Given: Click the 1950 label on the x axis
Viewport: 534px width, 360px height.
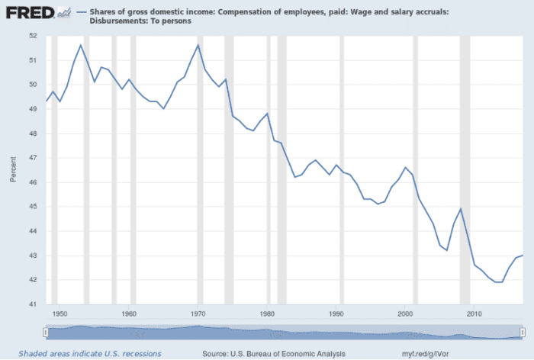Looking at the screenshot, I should pyautogui.click(x=60, y=313).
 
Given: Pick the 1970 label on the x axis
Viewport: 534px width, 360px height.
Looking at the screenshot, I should pyautogui.click(x=198, y=313).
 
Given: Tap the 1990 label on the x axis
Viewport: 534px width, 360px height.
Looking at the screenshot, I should pyautogui.click(x=336, y=313).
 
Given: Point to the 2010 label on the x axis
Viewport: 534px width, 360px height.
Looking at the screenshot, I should pyautogui.click(x=474, y=313).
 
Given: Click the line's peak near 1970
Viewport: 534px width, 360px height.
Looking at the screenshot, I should pyautogui.click(x=198, y=45).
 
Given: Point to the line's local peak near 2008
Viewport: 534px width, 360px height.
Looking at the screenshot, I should pyautogui.click(x=461, y=209).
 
